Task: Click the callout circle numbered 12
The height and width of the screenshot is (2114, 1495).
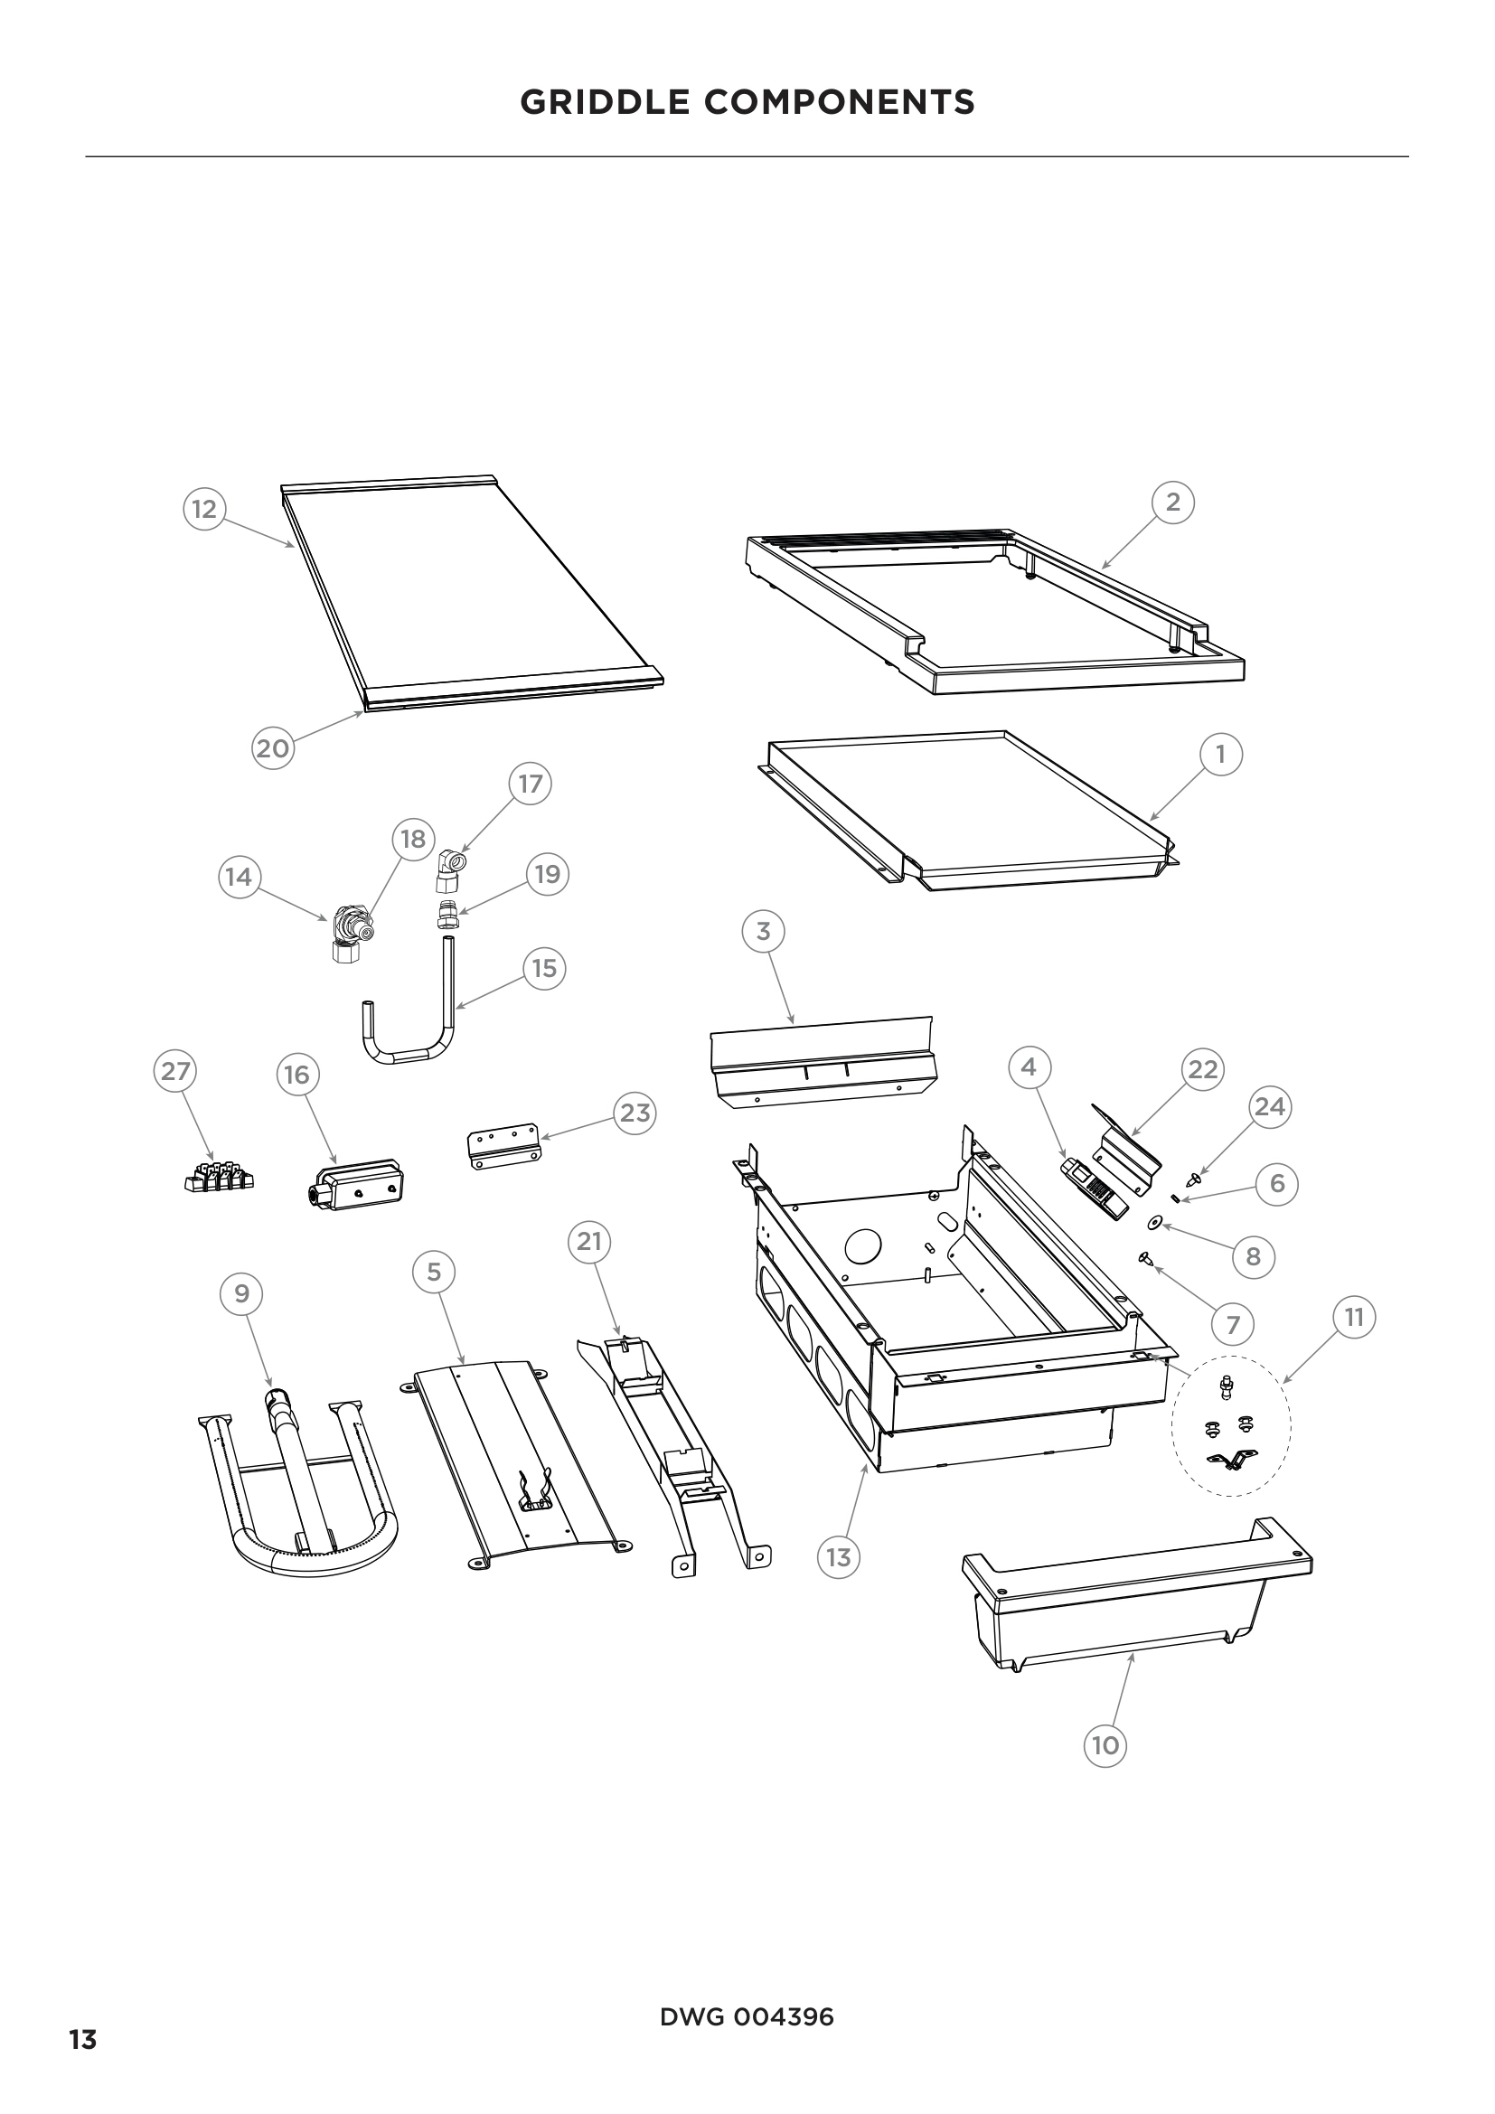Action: [x=203, y=508]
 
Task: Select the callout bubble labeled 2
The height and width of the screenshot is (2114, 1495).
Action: [x=1172, y=502]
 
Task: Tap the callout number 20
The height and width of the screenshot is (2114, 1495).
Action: [x=272, y=747]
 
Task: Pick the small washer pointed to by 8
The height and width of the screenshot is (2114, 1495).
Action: [x=1154, y=1224]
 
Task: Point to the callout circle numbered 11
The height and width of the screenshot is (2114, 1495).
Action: [x=1353, y=1317]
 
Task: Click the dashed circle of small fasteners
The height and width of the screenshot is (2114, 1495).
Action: [x=1230, y=1425]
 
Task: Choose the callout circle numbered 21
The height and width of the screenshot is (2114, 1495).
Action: [x=589, y=1241]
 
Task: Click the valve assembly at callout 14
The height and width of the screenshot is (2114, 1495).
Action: [x=350, y=932]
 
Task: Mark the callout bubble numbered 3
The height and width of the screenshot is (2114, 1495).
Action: [x=762, y=931]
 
